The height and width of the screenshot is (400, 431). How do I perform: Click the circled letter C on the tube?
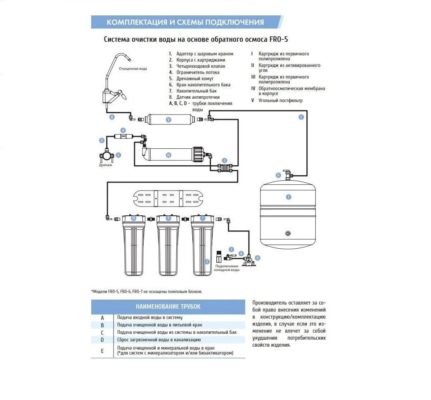(301, 117)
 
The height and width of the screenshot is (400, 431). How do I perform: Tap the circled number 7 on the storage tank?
(289, 197)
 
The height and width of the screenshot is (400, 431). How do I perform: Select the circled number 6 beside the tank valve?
(279, 175)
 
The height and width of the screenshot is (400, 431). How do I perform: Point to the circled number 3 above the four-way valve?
(224, 160)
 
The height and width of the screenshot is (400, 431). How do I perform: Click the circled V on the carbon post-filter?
(168, 120)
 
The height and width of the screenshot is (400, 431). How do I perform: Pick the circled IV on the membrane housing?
(168, 155)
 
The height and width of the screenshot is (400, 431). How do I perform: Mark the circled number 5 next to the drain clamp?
(118, 155)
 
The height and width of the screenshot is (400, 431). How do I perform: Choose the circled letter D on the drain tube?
(102, 140)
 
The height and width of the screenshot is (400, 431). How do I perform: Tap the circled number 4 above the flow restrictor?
(123, 130)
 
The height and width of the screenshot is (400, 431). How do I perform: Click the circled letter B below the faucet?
(111, 117)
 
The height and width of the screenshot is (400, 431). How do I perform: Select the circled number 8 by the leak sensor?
(258, 257)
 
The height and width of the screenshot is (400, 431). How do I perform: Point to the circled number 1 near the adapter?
(231, 249)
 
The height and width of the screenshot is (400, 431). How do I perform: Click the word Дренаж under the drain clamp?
(105, 165)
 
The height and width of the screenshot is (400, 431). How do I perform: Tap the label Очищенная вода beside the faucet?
(133, 69)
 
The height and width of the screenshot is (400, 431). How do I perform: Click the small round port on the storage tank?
(287, 233)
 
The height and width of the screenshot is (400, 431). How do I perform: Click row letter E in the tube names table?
(102, 351)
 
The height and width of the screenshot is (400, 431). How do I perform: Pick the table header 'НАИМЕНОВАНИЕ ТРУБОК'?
(168, 306)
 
